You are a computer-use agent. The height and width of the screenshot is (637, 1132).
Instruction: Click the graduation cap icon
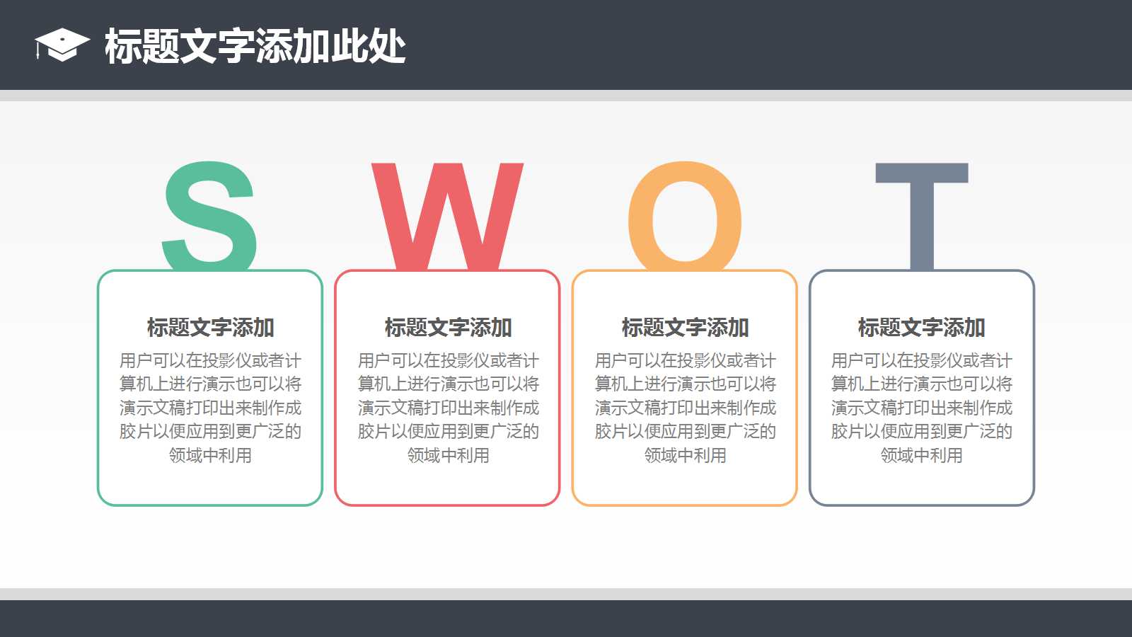62,45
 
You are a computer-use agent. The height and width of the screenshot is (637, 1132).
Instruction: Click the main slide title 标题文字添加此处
255,47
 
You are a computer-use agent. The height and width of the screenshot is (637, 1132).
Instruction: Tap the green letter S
209,216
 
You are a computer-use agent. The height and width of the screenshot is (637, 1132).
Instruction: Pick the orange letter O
685,216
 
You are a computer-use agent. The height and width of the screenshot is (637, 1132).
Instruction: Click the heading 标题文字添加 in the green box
210,328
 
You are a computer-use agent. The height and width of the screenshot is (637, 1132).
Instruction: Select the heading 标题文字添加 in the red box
448,328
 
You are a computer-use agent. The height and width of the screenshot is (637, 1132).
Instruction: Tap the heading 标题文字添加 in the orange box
685,328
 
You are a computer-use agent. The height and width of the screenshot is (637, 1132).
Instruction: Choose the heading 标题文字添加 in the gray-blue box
921,328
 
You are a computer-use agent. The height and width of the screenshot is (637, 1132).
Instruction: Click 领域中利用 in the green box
210,455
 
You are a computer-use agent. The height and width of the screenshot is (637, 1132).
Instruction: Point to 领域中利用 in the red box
448,455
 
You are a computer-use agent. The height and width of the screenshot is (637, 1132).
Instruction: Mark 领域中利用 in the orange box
685,455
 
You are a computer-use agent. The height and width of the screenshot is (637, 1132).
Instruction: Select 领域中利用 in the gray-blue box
921,455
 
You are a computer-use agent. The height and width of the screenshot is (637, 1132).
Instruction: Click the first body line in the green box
210,361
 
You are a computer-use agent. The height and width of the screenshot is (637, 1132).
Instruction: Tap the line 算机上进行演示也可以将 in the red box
448,384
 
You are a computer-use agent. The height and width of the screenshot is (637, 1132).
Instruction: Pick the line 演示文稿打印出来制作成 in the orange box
685,408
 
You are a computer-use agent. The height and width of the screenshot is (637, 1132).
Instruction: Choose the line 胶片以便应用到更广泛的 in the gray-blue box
921,432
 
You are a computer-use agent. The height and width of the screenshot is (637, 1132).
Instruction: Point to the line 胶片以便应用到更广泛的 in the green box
210,432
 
